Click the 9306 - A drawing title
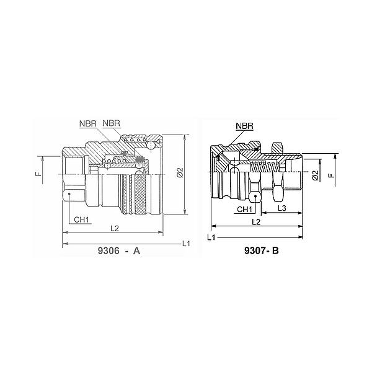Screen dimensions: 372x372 click(x=119, y=250)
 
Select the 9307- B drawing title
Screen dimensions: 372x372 click(x=262, y=250)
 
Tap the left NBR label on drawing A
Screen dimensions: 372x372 click(x=88, y=123)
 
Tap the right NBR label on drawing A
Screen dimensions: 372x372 click(x=111, y=123)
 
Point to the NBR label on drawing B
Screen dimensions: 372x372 click(x=245, y=126)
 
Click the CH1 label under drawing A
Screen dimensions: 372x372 click(x=81, y=219)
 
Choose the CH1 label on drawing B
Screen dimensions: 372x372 click(x=245, y=210)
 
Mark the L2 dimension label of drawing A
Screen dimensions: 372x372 click(x=115, y=228)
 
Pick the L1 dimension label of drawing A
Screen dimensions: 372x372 click(x=186, y=244)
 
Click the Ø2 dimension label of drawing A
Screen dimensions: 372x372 click(x=180, y=172)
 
